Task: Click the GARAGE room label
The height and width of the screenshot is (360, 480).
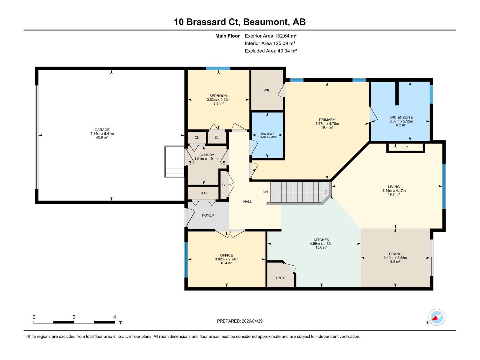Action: (102, 130)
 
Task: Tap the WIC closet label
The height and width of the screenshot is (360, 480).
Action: (267, 90)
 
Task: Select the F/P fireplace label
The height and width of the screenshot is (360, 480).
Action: (405, 147)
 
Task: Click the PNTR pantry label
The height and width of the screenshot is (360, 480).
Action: (281, 278)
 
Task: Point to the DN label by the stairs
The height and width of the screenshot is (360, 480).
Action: (265, 192)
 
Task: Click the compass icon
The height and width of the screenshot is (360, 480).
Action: (437, 317)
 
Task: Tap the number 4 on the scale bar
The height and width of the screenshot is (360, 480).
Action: (115, 317)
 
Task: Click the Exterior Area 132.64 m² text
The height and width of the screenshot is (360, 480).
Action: (271, 36)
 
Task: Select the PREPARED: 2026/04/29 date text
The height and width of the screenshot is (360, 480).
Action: (240, 321)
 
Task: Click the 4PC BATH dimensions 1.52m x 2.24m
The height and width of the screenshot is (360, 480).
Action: (267, 137)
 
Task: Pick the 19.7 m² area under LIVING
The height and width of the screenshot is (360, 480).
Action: (394, 194)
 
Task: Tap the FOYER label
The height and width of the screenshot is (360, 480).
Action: (208, 215)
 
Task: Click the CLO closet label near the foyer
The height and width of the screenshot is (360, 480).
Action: (203, 193)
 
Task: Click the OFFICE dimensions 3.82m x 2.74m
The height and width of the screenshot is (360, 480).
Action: (226, 259)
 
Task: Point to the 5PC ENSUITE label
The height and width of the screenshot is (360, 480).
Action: (401, 118)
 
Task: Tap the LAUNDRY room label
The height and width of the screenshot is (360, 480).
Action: (206, 155)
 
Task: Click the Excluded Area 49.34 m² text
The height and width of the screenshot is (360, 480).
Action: (271, 51)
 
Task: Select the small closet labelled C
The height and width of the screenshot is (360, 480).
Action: (223, 185)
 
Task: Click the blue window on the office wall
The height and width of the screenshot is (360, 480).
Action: (186, 259)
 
